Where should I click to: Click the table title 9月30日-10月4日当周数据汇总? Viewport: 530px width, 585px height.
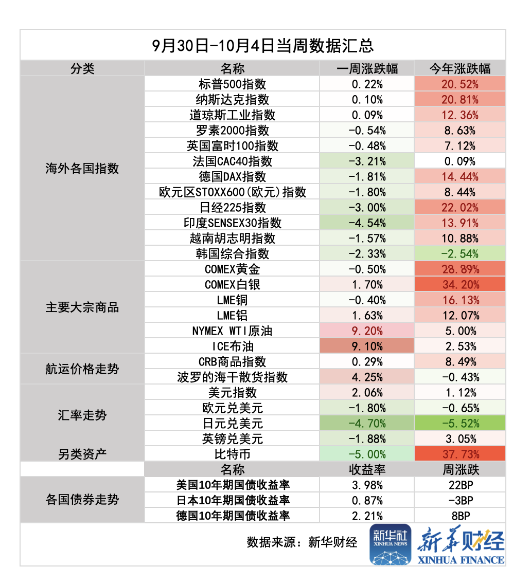pos(263,45)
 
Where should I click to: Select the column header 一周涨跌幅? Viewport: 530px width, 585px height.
pos(367,68)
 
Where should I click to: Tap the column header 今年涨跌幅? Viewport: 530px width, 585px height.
pos(460,68)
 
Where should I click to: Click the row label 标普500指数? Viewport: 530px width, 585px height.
pos(232,84)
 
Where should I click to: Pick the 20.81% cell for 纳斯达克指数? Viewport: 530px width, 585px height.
pos(460,99)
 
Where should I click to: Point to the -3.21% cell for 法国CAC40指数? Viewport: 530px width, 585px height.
pos(367,161)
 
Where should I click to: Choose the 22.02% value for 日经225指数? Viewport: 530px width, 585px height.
pos(460,207)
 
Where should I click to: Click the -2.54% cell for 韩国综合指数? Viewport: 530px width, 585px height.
pos(460,253)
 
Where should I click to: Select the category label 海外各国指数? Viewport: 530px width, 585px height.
pos(82,168)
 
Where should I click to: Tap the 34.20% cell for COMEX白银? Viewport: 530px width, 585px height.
pos(460,284)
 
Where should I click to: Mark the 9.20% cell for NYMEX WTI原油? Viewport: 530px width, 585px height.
pos(367,331)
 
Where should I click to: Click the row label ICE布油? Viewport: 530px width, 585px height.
pos(232,346)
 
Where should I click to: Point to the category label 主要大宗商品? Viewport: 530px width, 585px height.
pos(82,307)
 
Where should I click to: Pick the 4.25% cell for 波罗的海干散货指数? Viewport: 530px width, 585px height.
pos(367,377)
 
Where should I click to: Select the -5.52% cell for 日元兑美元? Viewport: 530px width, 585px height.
pos(460,423)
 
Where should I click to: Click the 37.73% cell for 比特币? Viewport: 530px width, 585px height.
pos(460,454)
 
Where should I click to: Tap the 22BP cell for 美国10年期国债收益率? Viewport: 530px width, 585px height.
pos(460,485)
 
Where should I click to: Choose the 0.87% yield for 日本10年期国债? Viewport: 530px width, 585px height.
pos(367,500)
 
